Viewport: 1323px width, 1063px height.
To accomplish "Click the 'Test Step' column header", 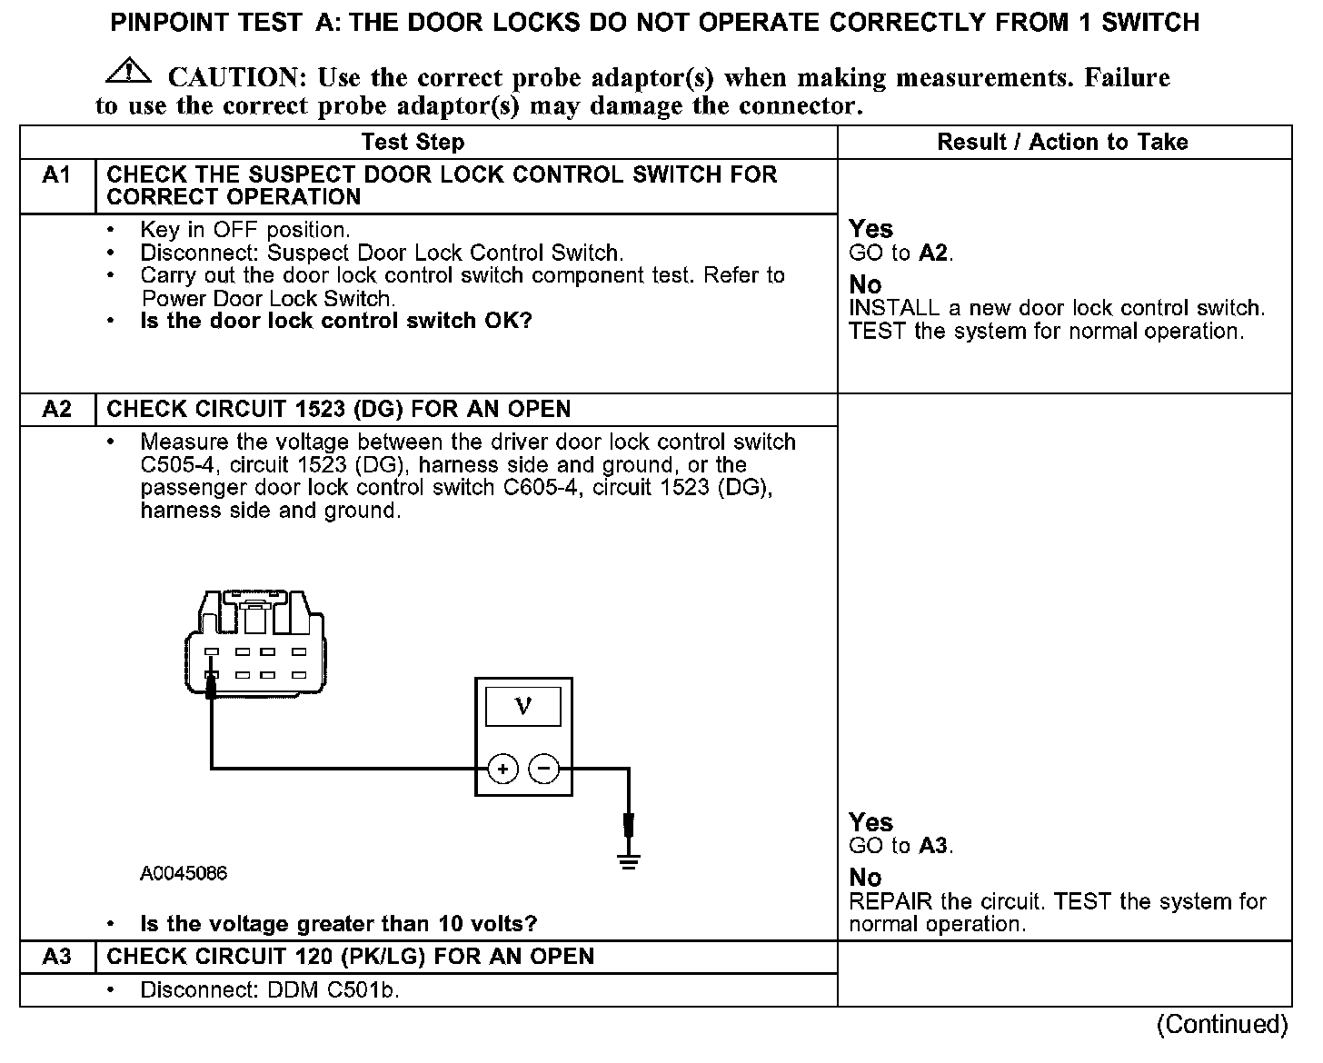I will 413,142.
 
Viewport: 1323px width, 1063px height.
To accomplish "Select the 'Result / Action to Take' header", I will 1062,142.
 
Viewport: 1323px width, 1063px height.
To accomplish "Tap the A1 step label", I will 56,174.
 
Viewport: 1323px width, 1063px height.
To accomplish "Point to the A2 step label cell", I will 56,409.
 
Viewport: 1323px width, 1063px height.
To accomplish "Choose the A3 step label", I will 56,957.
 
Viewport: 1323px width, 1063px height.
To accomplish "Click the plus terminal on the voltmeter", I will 502,769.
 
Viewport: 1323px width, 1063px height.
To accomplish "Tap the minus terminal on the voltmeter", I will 543,769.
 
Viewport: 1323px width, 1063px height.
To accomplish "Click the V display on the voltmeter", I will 523,706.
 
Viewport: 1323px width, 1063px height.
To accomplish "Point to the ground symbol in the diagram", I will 628,859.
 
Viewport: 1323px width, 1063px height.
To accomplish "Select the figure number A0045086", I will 184,874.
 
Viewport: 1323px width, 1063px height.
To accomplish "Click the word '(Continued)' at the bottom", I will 1222,1025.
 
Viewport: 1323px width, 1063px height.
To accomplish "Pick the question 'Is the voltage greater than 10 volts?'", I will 338,924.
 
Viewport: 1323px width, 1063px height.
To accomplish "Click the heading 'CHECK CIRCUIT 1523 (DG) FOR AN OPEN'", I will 338,409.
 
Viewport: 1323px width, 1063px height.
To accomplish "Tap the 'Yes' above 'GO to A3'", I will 870,822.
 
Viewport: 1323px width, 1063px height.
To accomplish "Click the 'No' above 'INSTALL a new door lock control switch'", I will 865,284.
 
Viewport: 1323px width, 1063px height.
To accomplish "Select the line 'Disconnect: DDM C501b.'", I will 270,989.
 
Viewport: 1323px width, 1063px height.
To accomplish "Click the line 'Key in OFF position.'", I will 244,230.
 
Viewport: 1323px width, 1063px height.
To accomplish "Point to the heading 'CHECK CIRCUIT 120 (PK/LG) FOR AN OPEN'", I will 350,957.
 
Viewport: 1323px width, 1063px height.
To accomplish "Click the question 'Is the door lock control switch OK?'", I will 335,321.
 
